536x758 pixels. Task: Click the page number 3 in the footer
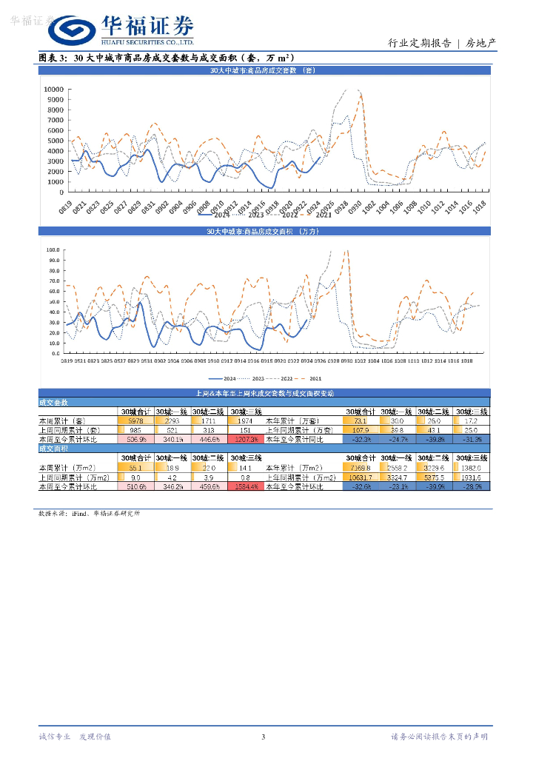(x=264, y=737)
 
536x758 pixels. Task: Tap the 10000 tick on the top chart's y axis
(x=53, y=90)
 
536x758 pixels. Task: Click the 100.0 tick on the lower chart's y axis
(x=53, y=249)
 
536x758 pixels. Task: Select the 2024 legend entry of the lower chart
(x=220, y=377)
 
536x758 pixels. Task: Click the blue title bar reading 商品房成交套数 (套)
(x=264, y=70)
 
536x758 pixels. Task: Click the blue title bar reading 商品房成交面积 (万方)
(x=264, y=232)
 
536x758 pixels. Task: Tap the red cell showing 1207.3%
(x=246, y=439)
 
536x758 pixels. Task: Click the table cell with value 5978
(x=136, y=420)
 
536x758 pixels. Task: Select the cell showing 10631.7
(x=360, y=477)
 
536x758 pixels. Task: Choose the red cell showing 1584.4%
(x=246, y=486)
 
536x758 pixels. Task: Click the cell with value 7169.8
(x=360, y=468)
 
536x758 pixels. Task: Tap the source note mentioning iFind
(x=88, y=513)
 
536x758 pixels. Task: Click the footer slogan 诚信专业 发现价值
(x=74, y=737)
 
